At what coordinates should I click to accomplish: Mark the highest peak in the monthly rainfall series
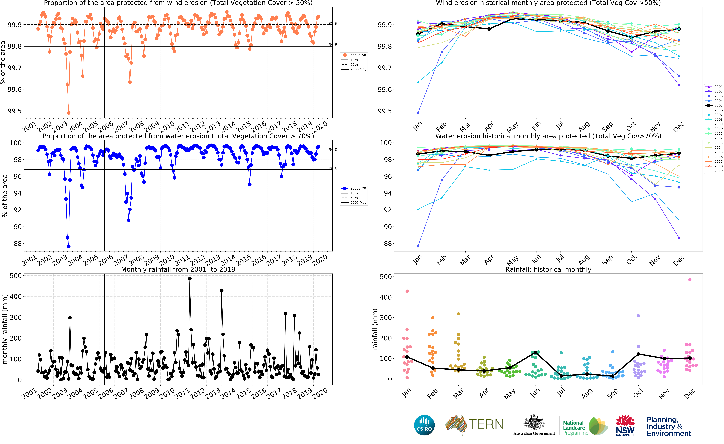190,279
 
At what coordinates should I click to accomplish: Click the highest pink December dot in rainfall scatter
690,280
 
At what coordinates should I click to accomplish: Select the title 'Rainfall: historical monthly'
548,270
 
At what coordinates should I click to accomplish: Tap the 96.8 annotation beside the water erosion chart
333,168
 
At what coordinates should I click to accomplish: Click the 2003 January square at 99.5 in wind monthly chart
418,113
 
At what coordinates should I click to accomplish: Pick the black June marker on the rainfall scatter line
536,352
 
